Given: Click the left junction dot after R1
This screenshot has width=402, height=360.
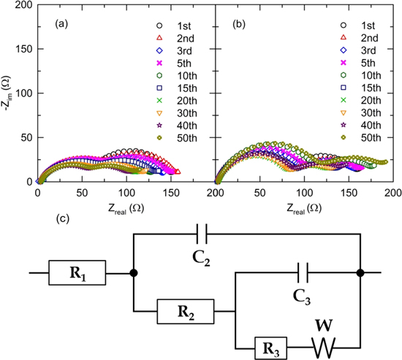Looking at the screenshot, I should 132,274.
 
